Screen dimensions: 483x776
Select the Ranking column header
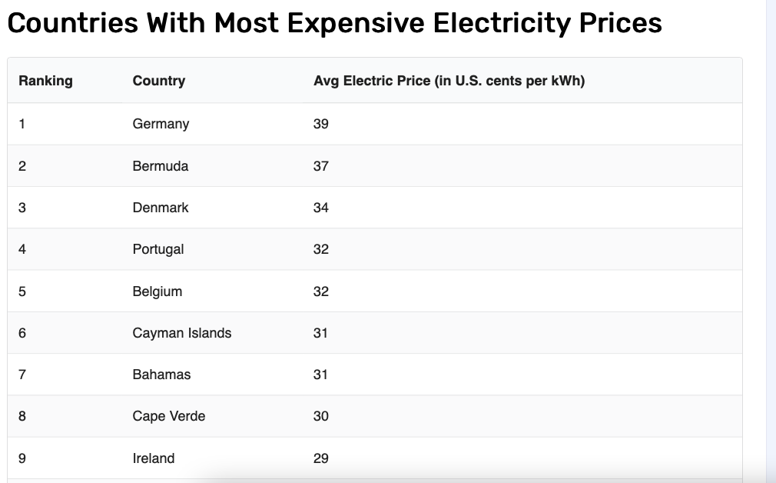pyautogui.click(x=45, y=81)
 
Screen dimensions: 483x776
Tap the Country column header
pyautogui.click(x=158, y=81)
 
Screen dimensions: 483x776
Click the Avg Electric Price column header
pyautogui.click(x=449, y=81)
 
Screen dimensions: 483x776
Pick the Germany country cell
pyautogui.click(x=161, y=124)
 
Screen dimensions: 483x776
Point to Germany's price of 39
pyautogui.click(x=320, y=124)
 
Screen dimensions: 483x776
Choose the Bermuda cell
pyautogui.click(x=160, y=166)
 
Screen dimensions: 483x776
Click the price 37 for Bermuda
pyautogui.click(x=320, y=166)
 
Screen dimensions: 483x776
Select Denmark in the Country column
pyautogui.click(x=160, y=208)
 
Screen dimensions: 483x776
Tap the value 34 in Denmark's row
pyautogui.click(x=320, y=208)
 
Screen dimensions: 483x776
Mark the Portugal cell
pyautogui.click(x=158, y=249)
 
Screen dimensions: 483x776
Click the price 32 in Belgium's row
pyautogui.click(x=320, y=291)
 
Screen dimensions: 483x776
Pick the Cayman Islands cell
pyautogui.click(x=181, y=333)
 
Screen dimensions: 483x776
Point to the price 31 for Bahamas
pyautogui.click(x=320, y=375)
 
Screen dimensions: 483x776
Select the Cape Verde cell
pyautogui.click(x=168, y=416)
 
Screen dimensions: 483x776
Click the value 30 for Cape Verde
pyautogui.click(x=320, y=416)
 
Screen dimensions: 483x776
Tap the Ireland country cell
pyautogui.click(x=153, y=458)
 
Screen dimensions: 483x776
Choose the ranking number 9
pyautogui.click(x=22, y=458)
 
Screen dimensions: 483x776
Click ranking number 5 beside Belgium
pyautogui.click(x=22, y=291)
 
